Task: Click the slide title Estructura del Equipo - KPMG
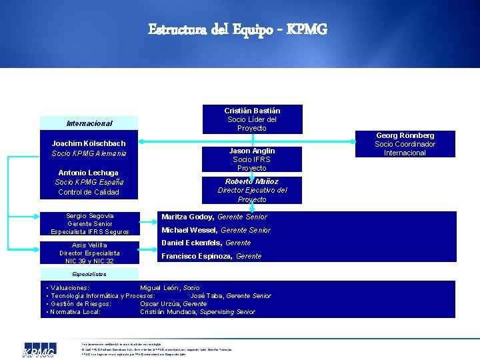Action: [238, 30]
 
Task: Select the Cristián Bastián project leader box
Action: [251, 119]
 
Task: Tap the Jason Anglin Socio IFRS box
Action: [251, 159]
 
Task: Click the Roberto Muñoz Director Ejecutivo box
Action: [251, 190]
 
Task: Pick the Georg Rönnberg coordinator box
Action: [405, 144]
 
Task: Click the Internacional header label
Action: [89, 123]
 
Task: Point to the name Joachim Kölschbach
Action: [89, 143]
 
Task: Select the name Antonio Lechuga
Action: [89, 173]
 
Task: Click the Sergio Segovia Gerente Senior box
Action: [89, 223]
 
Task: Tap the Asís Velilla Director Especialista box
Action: [89, 253]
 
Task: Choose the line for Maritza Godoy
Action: [214, 217]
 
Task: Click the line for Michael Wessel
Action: [216, 230]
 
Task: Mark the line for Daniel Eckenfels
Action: [206, 243]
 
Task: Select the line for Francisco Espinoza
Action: [211, 256]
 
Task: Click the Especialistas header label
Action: [89, 274]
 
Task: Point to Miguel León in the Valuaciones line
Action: [169, 287]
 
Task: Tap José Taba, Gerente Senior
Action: [231, 295]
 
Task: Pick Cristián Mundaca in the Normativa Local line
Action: [197, 311]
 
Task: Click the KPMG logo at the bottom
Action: [39, 351]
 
